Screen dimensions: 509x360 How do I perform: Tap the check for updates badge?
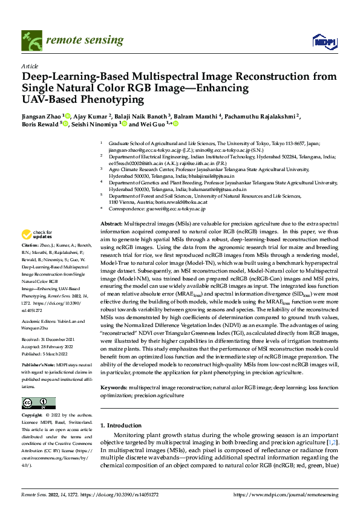click(36, 235)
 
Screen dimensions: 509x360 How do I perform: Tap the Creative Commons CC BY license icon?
click(38, 403)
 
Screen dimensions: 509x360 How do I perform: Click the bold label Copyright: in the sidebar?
click(33, 416)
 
